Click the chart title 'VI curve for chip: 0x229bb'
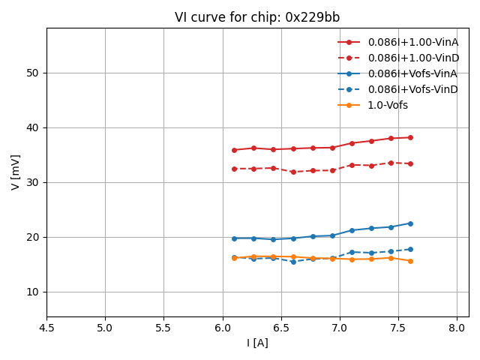(x=257, y=17)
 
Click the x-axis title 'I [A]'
(x=257, y=343)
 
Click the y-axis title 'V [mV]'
(x=16, y=172)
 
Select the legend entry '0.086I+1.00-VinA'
(x=412, y=42)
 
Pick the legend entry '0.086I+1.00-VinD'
(x=412, y=58)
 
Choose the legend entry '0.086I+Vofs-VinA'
(x=412, y=73)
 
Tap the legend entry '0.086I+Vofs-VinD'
(x=412, y=89)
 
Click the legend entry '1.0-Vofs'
(x=388, y=105)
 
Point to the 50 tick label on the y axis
(x=33, y=73)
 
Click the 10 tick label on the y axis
(x=33, y=292)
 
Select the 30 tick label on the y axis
(x=33, y=182)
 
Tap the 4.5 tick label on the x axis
(x=46, y=328)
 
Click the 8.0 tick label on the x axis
(x=457, y=328)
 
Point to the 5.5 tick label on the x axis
(x=163, y=328)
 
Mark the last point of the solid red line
(x=410, y=137)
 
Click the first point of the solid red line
(x=234, y=150)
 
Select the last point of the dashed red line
(x=410, y=163)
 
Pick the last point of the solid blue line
(x=410, y=223)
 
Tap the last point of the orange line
(x=410, y=261)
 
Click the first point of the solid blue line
(x=234, y=238)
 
